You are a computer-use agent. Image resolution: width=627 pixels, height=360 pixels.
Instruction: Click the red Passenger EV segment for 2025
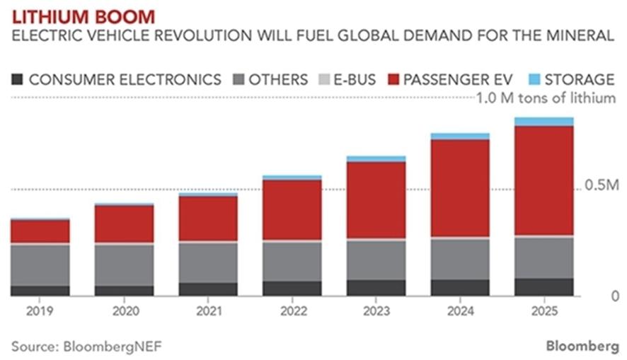(543, 180)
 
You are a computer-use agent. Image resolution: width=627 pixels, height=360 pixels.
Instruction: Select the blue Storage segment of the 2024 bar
(460, 137)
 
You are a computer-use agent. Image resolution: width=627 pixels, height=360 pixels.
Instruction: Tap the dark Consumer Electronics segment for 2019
(40, 291)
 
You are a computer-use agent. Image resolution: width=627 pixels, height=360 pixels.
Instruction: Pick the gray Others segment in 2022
(292, 262)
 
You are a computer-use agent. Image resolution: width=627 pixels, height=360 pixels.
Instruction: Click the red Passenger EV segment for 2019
(40, 231)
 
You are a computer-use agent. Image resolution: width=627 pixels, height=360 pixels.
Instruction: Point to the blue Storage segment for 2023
(376, 159)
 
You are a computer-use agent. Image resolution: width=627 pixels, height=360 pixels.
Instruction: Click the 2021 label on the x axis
(207, 311)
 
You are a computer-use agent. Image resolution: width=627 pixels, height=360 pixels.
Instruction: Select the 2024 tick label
(460, 311)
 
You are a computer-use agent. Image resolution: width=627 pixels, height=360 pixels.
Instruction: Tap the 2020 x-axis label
(124, 311)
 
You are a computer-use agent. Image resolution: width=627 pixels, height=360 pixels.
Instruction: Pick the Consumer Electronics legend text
(125, 79)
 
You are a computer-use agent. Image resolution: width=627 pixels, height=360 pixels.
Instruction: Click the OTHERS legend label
(277, 79)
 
